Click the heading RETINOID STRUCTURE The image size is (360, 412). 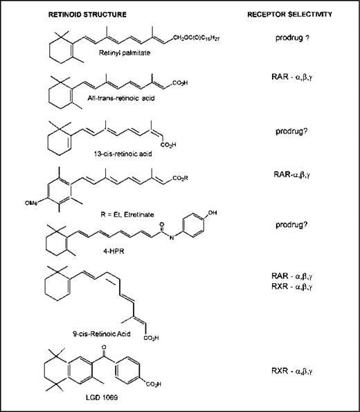click(87, 15)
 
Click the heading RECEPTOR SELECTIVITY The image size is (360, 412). click(289, 14)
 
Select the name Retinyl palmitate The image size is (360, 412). click(125, 53)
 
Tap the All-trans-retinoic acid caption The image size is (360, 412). click(121, 98)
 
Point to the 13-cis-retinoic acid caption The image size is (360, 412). click(123, 154)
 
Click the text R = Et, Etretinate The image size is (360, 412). click(127, 215)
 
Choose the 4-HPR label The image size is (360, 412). click(114, 251)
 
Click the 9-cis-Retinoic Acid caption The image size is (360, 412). click(102, 334)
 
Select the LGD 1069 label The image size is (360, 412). click(102, 397)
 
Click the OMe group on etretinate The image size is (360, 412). click(31, 203)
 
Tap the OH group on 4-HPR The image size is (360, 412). click(213, 213)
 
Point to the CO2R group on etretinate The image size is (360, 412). click(180, 178)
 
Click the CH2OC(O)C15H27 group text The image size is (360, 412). click(197, 38)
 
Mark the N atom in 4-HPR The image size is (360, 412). click(172, 238)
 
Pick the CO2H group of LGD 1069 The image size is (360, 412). click(153, 384)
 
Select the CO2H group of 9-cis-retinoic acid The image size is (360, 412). click(151, 338)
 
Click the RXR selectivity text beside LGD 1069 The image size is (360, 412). click(291, 371)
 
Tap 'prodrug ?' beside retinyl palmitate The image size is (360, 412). click(292, 38)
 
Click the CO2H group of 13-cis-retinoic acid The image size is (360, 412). click(168, 145)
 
